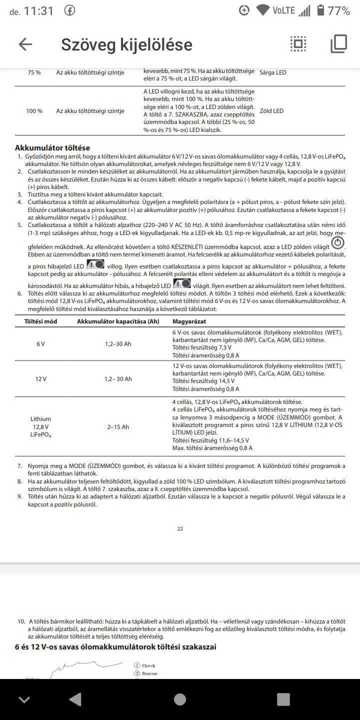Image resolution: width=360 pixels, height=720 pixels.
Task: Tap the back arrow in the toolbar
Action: (25, 44)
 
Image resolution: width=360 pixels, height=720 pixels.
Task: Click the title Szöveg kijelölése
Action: (126, 44)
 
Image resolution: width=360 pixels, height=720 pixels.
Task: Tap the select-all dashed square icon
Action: (298, 44)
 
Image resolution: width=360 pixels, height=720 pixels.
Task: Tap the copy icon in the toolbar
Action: (338, 44)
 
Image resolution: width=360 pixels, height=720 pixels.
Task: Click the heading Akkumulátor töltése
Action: (52, 147)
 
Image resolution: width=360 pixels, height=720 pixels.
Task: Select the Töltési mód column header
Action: (41, 321)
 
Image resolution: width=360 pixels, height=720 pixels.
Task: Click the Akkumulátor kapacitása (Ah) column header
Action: (118, 321)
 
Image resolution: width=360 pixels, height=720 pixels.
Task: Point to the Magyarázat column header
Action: (189, 321)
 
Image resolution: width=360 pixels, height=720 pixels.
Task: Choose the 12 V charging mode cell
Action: (41, 379)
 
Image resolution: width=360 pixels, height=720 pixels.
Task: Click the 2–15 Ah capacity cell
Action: (118, 427)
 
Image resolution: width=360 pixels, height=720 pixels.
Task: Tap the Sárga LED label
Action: (273, 72)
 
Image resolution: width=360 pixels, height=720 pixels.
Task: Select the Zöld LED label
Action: (271, 111)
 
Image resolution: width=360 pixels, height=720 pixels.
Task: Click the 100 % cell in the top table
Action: (34, 111)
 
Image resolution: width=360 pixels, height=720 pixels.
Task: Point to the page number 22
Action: (180, 528)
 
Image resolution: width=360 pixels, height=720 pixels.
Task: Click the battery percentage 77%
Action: (339, 10)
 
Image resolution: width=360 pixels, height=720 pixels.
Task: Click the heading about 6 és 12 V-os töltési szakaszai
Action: (115, 647)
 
